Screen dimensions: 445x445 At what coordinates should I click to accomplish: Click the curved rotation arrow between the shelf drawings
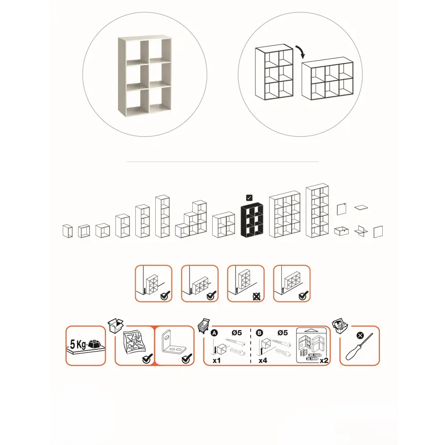coord(301,51)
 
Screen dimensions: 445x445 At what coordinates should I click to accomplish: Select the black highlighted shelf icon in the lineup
coord(252,220)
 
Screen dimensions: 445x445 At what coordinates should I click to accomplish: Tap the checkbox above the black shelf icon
coord(249,198)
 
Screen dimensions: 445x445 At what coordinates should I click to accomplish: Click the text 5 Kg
coord(78,344)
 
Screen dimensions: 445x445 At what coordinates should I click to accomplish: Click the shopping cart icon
coord(204,326)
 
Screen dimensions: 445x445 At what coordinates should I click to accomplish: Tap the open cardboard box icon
coord(116,325)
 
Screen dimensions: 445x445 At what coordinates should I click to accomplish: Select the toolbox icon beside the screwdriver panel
coord(340,326)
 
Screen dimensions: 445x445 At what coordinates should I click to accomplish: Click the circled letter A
coord(214,333)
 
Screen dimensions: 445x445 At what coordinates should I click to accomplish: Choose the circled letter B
coord(259,333)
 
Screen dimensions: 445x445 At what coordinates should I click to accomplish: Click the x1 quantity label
coord(217,360)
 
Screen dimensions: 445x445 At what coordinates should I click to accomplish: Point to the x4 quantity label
coord(263,360)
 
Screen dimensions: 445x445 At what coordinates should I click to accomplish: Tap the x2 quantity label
coord(324,360)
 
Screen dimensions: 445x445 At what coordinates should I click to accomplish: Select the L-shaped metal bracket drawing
coord(174,344)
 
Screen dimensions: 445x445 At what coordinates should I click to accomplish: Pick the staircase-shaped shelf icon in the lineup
coord(191,219)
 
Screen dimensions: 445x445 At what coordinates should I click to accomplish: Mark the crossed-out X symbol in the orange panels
coord(257,297)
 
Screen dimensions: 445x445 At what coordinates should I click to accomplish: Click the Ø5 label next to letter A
coord(236,332)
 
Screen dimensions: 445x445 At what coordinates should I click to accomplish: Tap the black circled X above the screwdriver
coord(360,336)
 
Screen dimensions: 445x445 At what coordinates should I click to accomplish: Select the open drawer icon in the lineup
coord(341,231)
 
